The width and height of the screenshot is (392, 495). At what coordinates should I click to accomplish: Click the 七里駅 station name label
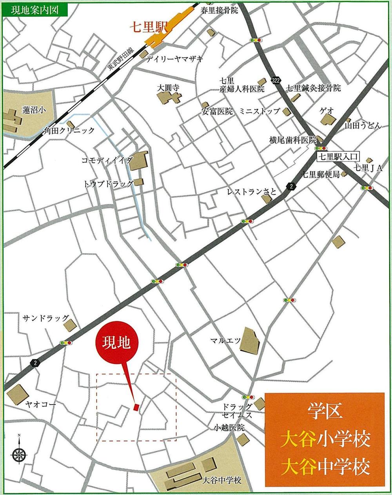pos(149,28)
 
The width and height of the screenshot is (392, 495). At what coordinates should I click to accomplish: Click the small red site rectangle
pos(136,408)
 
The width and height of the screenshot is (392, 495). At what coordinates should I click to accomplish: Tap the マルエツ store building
pos(249,340)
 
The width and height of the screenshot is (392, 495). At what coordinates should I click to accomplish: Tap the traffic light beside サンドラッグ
pos(65,343)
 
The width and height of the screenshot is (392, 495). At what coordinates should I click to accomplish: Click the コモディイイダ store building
pos(138,161)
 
